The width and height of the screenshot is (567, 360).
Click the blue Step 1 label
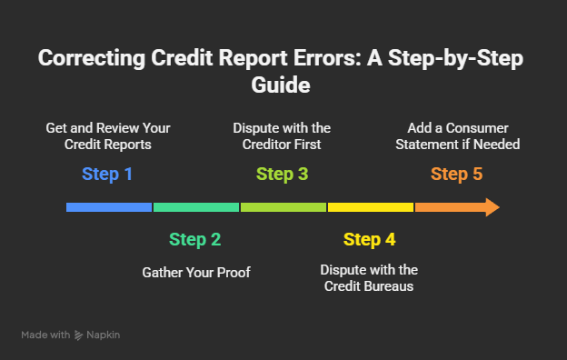tap(107, 174)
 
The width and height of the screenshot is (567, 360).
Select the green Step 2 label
tap(194, 240)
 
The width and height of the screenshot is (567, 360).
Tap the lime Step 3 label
tap(282, 174)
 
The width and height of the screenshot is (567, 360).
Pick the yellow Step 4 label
tap(369, 240)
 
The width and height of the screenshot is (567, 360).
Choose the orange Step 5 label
tap(456, 174)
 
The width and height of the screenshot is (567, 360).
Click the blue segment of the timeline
tap(109, 207)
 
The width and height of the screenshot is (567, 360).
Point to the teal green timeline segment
tap(195, 207)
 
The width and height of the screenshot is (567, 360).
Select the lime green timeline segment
tap(283, 207)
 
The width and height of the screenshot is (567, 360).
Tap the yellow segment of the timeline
tap(370, 207)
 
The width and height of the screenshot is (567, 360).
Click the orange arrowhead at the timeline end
tap(491, 207)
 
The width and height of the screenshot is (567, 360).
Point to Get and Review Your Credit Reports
tap(107, 136)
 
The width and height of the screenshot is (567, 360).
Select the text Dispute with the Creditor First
tap(282, 136)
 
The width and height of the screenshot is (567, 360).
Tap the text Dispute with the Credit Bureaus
tap(369, 278)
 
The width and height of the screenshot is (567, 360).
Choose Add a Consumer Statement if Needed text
tap(456, 136)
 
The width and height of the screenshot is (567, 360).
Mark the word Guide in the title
tap(283, 85)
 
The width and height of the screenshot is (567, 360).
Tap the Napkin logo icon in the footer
tap(79, 335)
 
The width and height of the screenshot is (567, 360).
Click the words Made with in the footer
tap(45, 335)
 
